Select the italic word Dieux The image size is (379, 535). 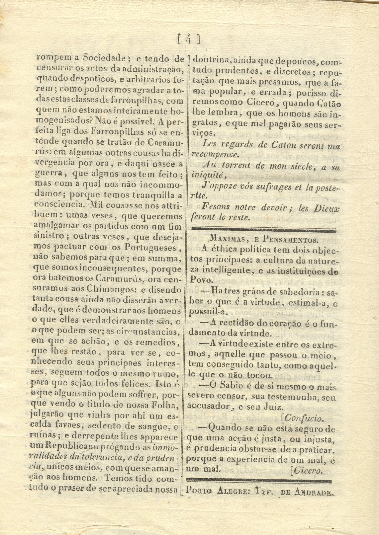(x=327, y=208)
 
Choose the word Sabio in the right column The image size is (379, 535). (x=231, y=387)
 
